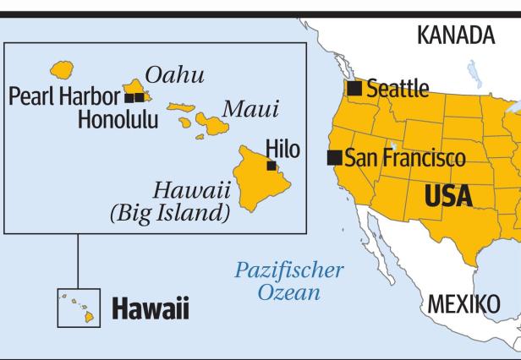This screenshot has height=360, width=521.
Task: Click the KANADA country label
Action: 456,35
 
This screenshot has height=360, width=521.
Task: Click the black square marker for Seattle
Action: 355,88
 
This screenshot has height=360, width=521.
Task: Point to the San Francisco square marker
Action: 335,157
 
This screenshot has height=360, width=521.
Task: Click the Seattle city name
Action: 398,89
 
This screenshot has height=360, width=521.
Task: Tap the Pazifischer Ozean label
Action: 289,282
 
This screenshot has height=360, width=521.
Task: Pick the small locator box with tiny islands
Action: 78,308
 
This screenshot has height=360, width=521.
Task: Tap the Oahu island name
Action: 175,75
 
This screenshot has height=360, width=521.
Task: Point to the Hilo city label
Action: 282,149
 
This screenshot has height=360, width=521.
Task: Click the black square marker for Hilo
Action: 271,166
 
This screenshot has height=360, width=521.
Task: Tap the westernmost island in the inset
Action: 61,68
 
